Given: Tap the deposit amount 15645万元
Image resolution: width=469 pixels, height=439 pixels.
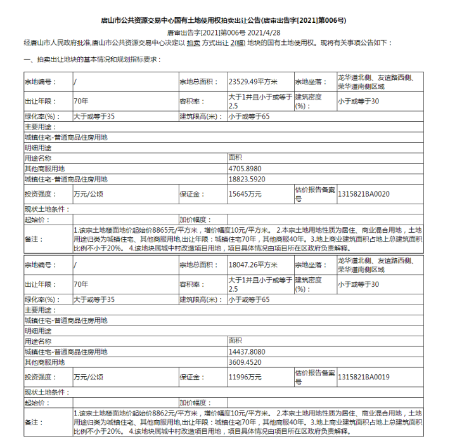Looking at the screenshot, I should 245,194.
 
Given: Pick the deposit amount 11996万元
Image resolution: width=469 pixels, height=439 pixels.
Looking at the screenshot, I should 245,377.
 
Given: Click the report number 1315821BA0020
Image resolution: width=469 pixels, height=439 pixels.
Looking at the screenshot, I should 364,194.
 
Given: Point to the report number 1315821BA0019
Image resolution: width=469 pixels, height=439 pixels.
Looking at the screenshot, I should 364,377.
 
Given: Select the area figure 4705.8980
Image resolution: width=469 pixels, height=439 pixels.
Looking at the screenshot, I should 244,169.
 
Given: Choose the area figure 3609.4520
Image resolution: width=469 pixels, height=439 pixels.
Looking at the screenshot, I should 244,362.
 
